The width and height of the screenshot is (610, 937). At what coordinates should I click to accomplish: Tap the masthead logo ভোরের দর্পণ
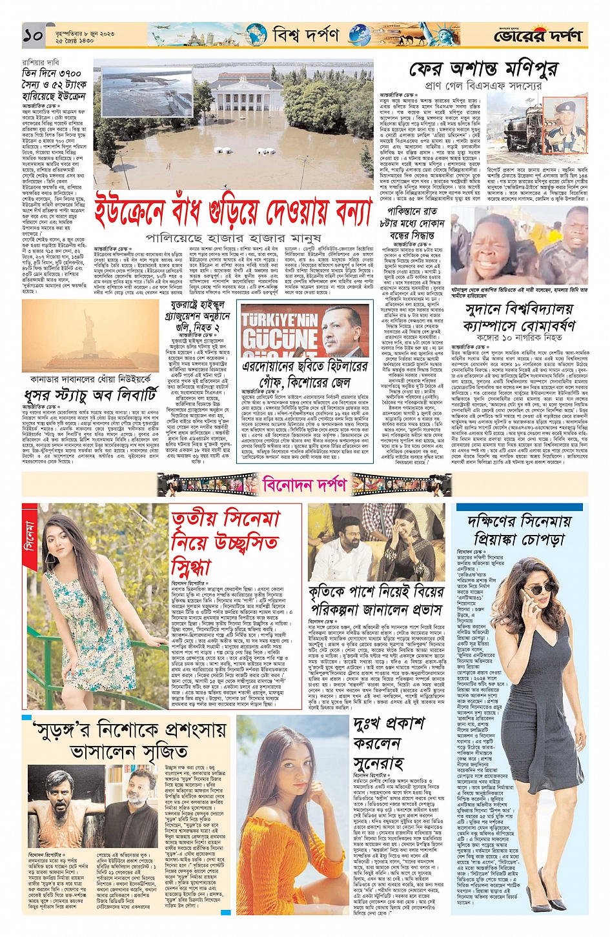click(537, 35)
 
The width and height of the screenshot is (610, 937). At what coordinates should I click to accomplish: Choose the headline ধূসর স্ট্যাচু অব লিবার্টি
click(90, 394)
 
